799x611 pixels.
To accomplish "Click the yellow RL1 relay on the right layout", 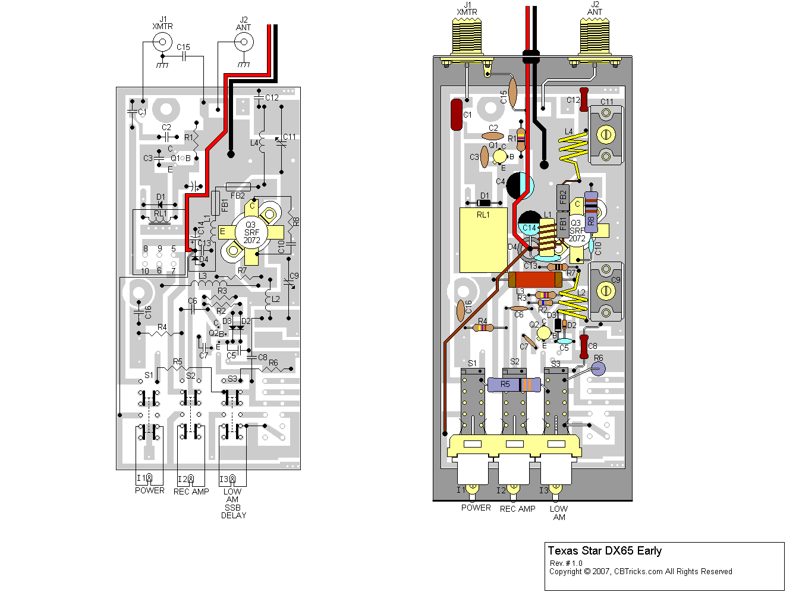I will click(483, 240).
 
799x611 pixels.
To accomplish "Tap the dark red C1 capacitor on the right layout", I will click(457, 115).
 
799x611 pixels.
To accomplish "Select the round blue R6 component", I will click(597, 369).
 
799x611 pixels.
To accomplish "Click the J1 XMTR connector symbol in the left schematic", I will click(162, 42).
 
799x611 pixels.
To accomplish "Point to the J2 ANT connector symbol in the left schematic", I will click(243, 42).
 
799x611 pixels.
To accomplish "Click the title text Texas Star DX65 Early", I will click(605, 551).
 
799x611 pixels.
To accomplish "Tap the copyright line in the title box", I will click(640, 572).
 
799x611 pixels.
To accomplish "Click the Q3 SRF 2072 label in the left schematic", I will click(251, 232).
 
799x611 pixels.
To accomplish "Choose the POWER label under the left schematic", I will click(149, 490).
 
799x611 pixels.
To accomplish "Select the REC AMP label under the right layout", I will click(517, 509).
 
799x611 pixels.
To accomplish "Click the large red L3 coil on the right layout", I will click(535, 279).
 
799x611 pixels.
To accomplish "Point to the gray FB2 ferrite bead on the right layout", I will click(563, 196).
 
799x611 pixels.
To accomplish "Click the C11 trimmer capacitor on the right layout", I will click(606, 135).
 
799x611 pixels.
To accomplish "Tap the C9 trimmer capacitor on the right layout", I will click(606, 291).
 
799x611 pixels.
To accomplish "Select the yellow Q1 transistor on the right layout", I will click(500, 156).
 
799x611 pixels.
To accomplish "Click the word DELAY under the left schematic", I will click(233, 515).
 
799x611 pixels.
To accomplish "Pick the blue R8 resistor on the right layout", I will click(590, 212).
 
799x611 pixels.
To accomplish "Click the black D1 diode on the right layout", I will click(484, 203).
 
